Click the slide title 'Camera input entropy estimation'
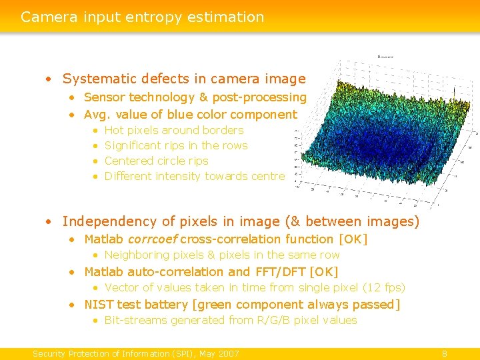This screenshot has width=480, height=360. click(142, 17)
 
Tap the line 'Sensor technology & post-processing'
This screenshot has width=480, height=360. click(195, 97)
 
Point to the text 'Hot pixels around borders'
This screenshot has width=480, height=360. click(174, 131)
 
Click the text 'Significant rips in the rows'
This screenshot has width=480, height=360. click(176, 146)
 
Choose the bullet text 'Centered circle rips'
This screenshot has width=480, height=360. click(156, 161)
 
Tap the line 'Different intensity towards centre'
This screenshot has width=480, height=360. click(195, 177)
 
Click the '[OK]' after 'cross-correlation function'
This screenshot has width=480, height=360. click(353, 239)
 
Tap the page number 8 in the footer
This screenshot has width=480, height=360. click(445, 353)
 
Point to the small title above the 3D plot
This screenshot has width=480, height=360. click(385, 57)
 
